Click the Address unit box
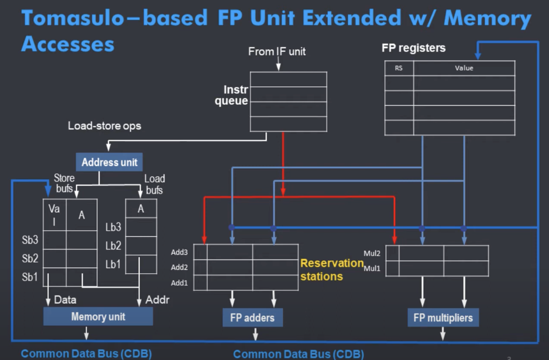tap(109, 162)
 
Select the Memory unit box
tap(98, 316)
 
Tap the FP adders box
tap(253, 318)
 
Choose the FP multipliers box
tap(443, 318)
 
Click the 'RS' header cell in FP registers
tap(399, 68)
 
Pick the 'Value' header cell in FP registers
tap(464, 68)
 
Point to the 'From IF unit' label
tap(277, 51)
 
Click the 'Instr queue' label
tap(232, 95)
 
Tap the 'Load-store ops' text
tap(104, 126)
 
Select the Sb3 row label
tap(30, 240)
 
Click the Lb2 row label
tap(113, 246)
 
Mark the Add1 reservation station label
tap(179, 283)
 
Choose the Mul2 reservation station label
tap(372, 253)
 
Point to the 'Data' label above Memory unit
tap(65, 300)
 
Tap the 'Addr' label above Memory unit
tap(157, 300)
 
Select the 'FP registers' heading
tap(413, 48)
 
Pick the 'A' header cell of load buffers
tap(141, 209)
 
